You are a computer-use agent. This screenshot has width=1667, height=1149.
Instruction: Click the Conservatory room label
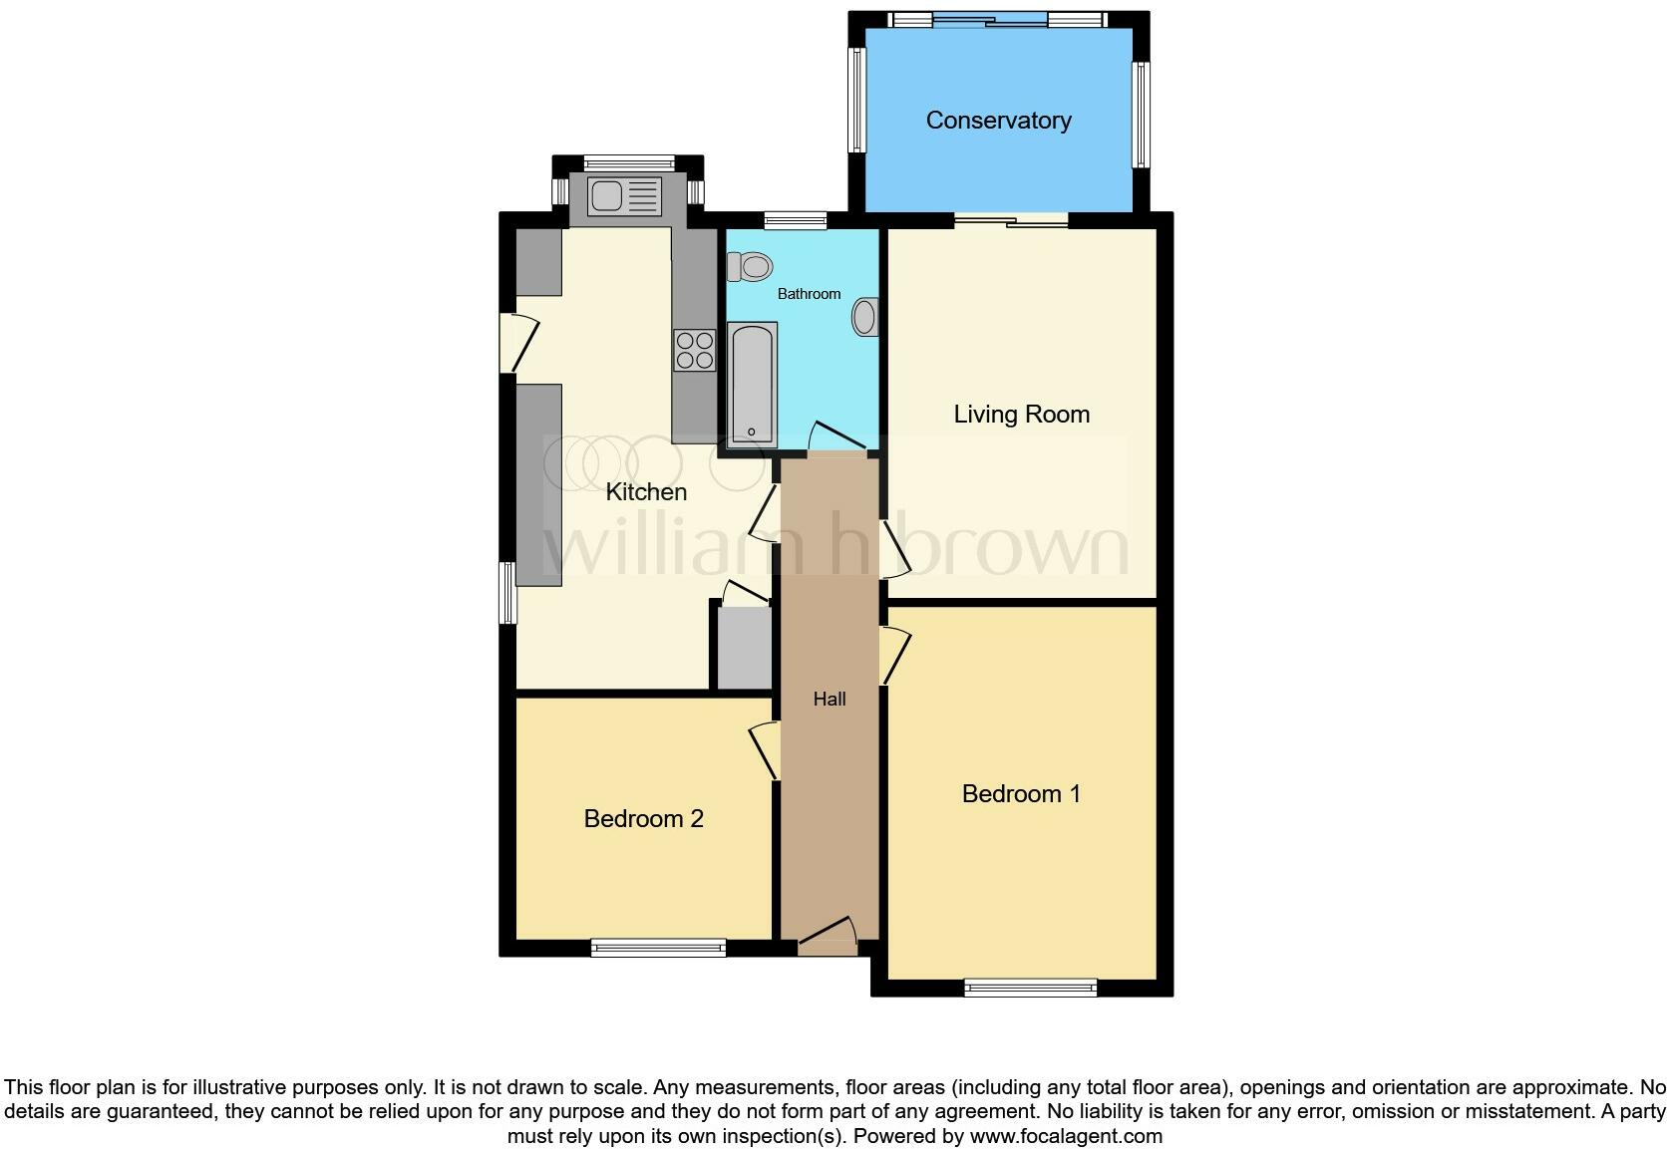point(998,121)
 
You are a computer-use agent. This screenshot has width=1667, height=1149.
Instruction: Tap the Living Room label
point(1021,414)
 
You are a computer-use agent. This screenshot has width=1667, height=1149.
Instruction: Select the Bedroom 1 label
point(1021,793)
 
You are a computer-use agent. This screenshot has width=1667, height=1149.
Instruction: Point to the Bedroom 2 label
point(643,818)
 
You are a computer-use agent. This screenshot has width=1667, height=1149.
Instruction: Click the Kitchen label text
point(646,491)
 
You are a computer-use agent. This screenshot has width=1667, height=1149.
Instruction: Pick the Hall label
point(830,699)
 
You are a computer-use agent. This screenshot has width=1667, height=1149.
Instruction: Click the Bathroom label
point(809,294)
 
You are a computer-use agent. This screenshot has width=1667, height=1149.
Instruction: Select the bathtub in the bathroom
point(753,384)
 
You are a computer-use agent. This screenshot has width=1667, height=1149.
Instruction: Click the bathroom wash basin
point(864,317)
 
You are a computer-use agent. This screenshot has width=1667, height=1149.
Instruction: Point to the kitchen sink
point(624,196)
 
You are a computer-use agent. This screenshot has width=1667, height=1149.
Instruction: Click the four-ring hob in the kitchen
point(695,349)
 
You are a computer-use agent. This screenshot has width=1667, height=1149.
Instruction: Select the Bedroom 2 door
point(766,751)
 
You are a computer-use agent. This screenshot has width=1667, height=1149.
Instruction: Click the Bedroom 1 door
point(895,654)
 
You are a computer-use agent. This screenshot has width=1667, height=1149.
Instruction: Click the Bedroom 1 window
point(1031,988)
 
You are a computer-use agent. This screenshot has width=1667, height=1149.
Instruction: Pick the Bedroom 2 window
point(658,948)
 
